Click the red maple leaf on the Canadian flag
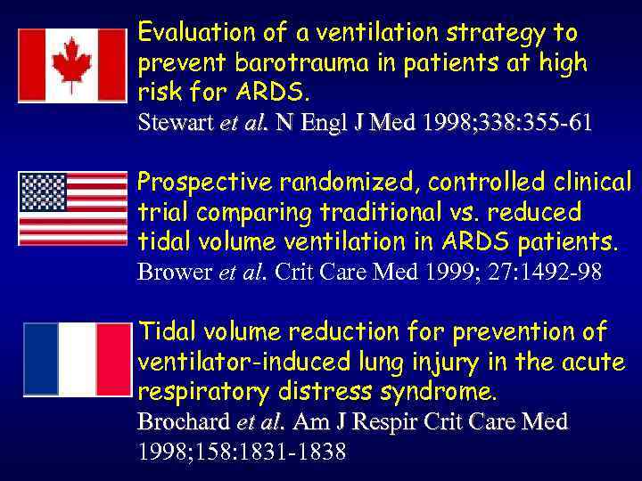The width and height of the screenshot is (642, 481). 71,64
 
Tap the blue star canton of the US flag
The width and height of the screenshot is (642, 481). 44,191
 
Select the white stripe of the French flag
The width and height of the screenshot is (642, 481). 78,359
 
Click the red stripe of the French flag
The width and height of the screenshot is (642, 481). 113,359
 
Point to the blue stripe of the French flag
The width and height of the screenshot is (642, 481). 41,359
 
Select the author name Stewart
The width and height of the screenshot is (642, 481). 176,123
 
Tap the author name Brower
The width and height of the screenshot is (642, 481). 175,272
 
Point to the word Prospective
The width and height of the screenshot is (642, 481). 205,183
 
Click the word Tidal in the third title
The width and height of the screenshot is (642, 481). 168,333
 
